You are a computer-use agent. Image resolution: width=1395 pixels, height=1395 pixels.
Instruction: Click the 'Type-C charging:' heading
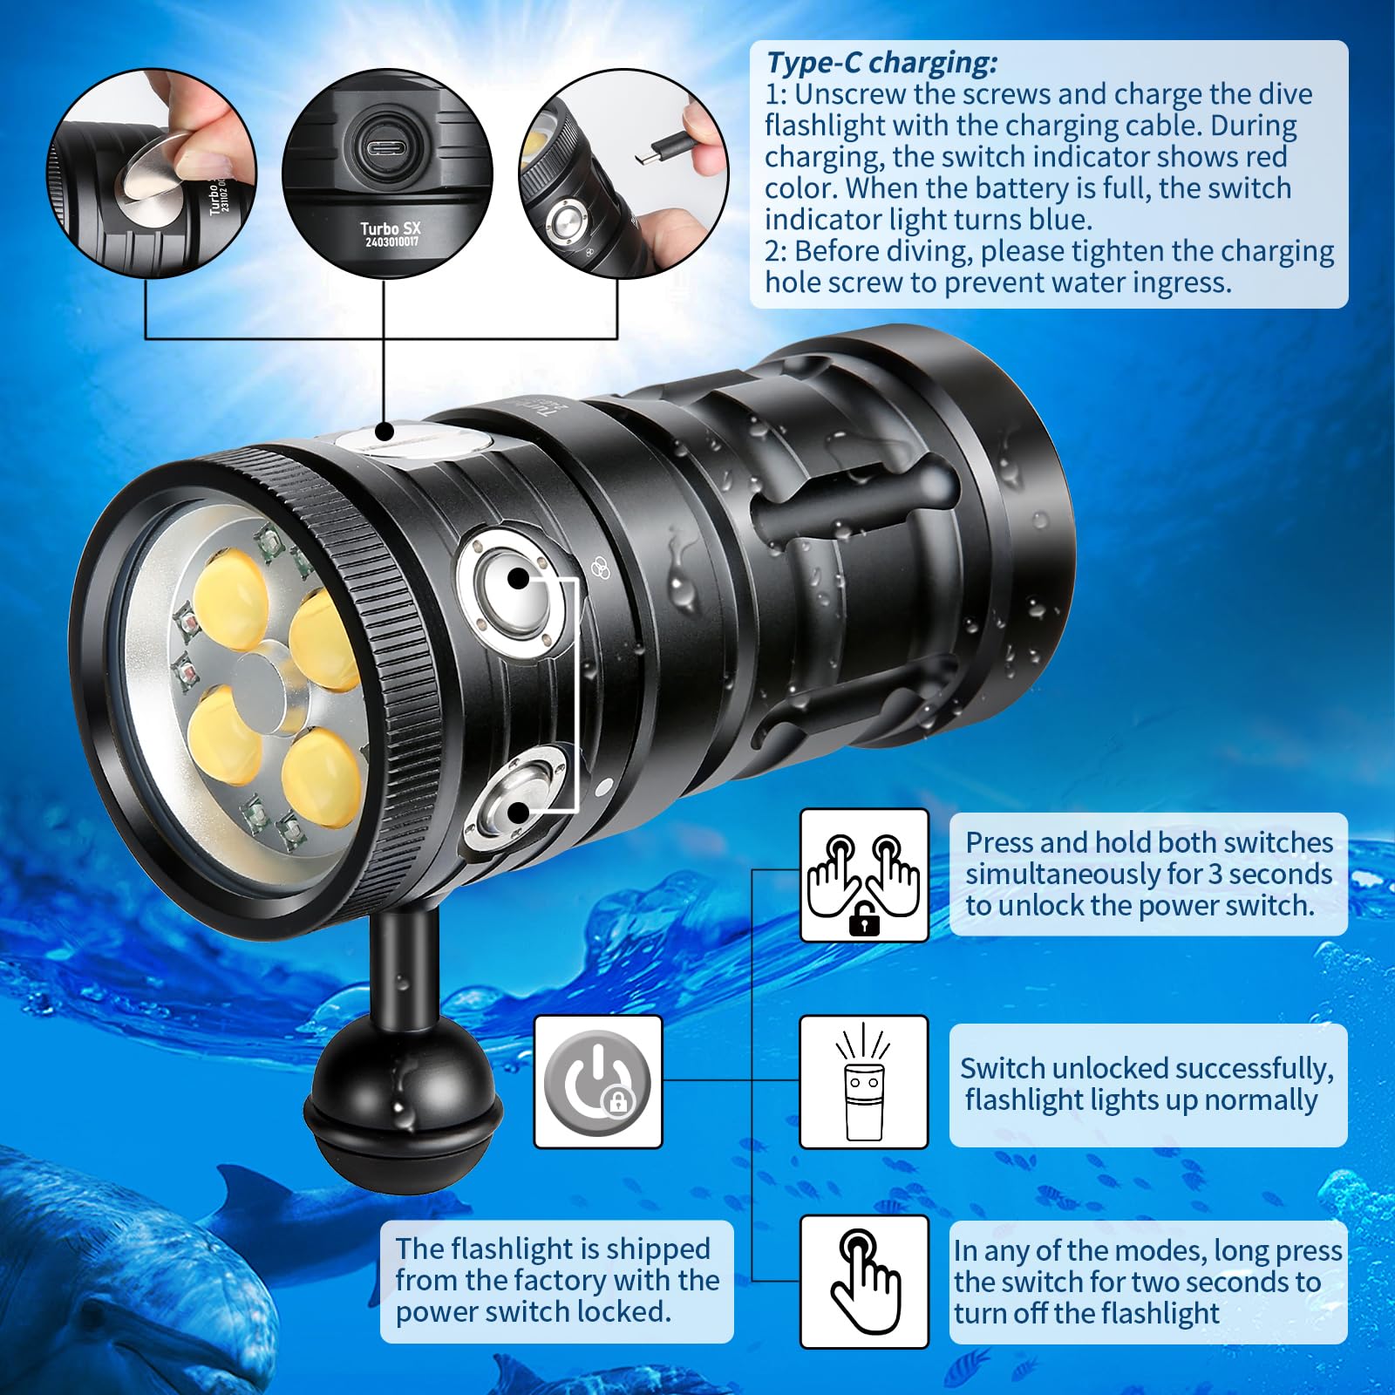click(881, 63)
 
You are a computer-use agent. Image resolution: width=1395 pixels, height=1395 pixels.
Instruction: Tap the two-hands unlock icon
click(864, 875)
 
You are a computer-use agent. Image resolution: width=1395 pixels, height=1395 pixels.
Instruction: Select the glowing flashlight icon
click(864, 1082)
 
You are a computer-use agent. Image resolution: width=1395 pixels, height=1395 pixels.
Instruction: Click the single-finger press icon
click(864, 1281)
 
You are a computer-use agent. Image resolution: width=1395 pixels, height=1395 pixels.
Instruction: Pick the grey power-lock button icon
click(597, 1081)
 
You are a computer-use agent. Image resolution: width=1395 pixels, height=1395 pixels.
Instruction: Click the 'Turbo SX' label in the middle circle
click(391, 228)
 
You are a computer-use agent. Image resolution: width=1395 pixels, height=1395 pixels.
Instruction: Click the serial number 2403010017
click(391, 242)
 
